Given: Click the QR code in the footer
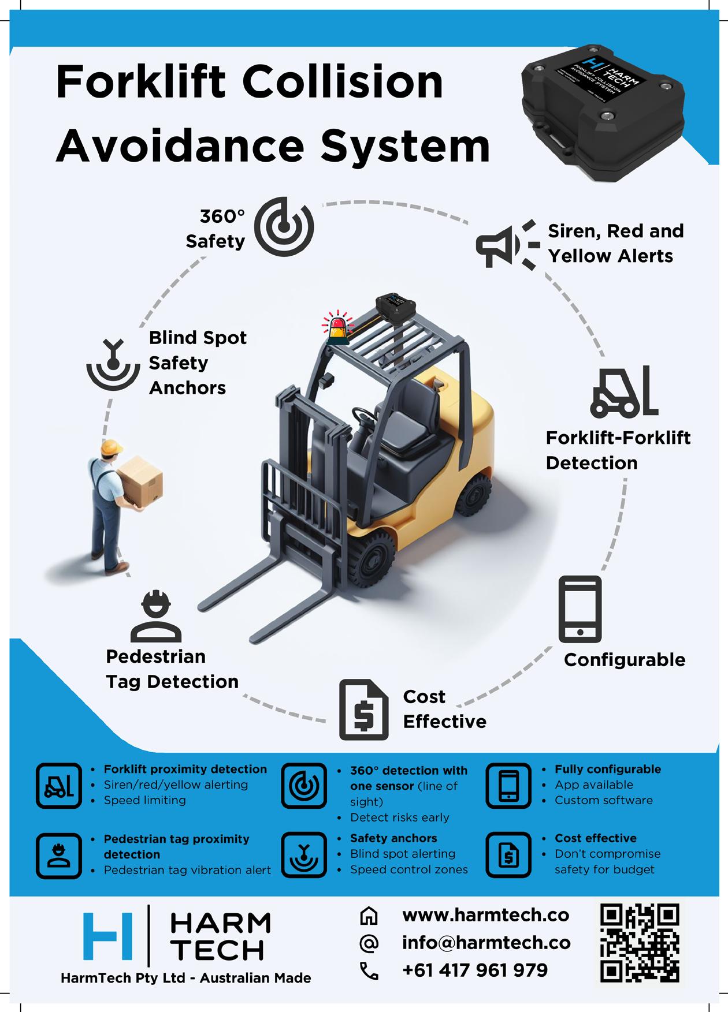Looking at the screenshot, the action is tap(640, 943).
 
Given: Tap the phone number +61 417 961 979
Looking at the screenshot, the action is tap(475, 970).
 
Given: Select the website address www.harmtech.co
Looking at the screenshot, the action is tap(485, 916).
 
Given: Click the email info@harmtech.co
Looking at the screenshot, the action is tap(486, 943).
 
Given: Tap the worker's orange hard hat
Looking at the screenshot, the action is tap(111, 447).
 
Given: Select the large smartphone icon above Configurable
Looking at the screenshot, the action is tap(580, 609).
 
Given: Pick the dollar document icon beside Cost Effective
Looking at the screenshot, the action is tap(363, 709).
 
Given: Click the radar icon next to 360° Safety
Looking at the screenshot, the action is tap(284, 226).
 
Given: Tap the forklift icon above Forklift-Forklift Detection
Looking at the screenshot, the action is tap(624, 392).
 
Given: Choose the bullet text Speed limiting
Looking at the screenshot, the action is tap(144, 800).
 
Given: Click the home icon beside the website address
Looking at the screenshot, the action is tap(369, 916).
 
